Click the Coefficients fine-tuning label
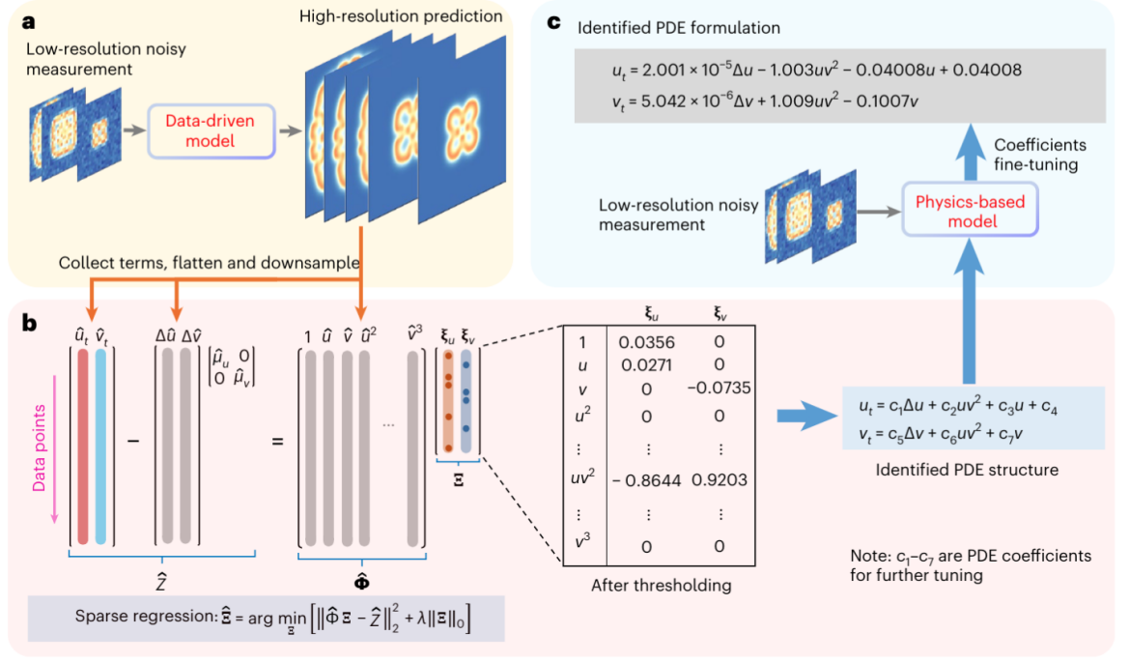tap(1040, 154)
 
